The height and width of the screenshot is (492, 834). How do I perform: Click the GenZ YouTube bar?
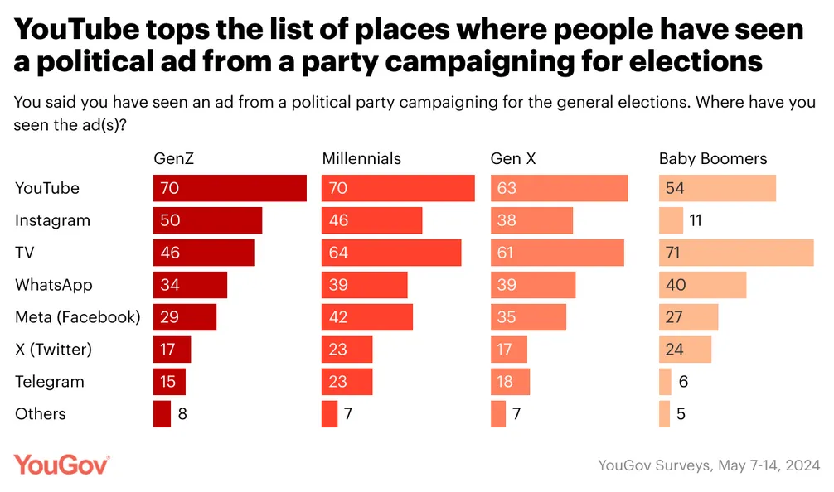coord(230,189)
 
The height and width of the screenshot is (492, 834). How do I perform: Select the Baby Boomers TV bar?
coord(736,253)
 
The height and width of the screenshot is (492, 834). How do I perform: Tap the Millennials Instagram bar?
coord(371,221)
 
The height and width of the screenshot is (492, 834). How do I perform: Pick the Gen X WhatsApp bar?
coord(533,285)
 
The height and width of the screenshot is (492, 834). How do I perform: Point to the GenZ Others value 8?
coord(182,413)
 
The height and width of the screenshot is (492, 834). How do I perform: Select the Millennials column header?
coord(361,158)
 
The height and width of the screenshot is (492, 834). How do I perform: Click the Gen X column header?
coord(513,158)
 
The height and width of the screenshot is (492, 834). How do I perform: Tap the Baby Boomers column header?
coord(713,158)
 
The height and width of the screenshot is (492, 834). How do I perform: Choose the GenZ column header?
coord(175,158)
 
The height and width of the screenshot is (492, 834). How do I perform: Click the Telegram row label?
coord(50,382)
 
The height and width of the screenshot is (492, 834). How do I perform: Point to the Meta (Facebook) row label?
coord(78,317)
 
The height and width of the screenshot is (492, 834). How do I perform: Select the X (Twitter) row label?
coord(53,350)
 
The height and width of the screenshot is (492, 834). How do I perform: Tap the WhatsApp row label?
coord(54,285)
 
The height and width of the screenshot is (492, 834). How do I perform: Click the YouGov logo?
coord(61,465)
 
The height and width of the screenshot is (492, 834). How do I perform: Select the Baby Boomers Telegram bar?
coord(665,382)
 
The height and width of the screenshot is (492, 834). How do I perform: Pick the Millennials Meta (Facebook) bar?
coord(366,317)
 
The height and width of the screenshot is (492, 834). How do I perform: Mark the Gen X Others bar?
coord(498,413)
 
